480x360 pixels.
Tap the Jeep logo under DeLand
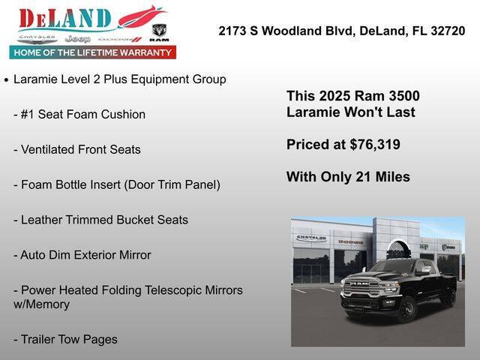(x=77, y=38)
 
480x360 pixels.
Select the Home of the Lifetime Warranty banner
(x=92, y=52)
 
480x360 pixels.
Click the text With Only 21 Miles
(x=348, y=177)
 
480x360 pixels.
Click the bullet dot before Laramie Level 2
(x=6, y=79)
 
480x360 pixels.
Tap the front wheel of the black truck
(x=406, y=307)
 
